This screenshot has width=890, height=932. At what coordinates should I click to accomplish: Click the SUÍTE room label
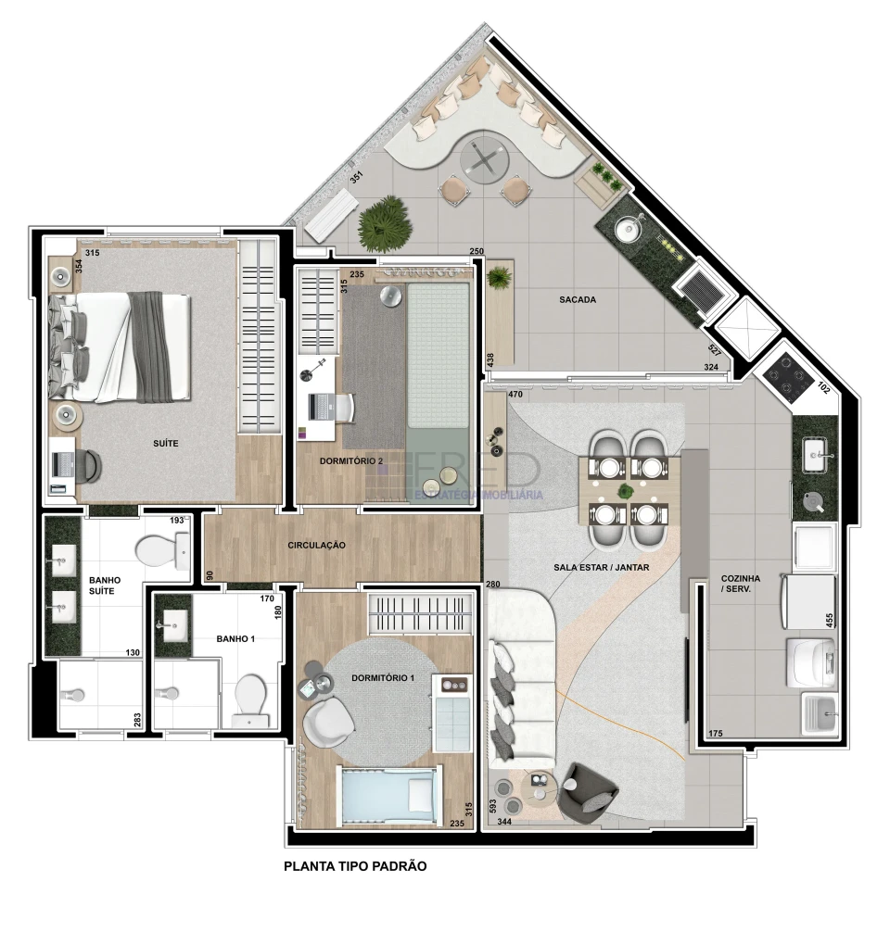[166, 444]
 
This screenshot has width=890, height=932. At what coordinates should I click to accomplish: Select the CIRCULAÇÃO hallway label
[316, 546]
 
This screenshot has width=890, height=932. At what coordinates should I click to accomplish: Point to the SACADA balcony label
[577, 300]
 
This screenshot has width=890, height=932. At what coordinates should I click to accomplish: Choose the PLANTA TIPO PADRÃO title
[354, 867]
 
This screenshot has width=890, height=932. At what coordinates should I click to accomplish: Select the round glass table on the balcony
[484, 158]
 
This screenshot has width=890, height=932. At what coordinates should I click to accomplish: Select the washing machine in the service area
[810, 660]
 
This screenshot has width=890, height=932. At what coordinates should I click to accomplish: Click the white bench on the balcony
[330, 215]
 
